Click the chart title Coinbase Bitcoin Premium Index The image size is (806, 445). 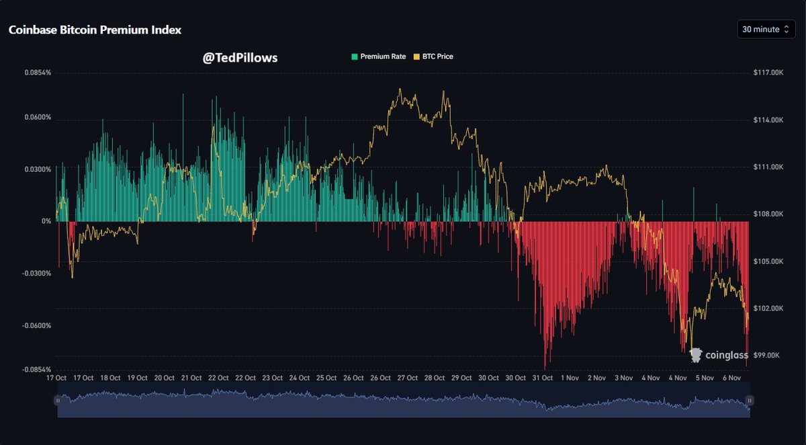click(95, 30)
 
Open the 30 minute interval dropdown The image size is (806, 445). click(766, 30)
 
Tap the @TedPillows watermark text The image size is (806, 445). click(240, 58)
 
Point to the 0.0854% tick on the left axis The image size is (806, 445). click(38, 72)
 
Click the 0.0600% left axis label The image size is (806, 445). click(38, 118)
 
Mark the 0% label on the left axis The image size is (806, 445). click(46, 221)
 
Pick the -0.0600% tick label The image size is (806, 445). click(36, 325)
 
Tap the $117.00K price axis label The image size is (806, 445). click(769, 72)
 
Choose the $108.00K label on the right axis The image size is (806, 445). click(769, 214)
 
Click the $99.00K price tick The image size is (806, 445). click(768, 355)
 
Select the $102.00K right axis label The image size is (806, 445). click(769, 308)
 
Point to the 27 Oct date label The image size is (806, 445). click(408, 378)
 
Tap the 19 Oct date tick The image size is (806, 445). click(137, 378)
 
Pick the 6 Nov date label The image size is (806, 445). click(731, 378)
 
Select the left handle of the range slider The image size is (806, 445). click(58, 401)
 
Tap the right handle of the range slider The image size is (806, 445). click(750, 401)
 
